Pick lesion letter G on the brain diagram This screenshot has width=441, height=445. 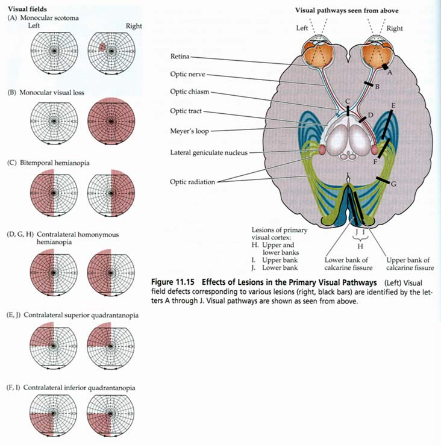coord(393,184)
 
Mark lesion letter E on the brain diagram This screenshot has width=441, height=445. coord(393,106)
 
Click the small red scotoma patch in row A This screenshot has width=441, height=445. coord(103,46)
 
